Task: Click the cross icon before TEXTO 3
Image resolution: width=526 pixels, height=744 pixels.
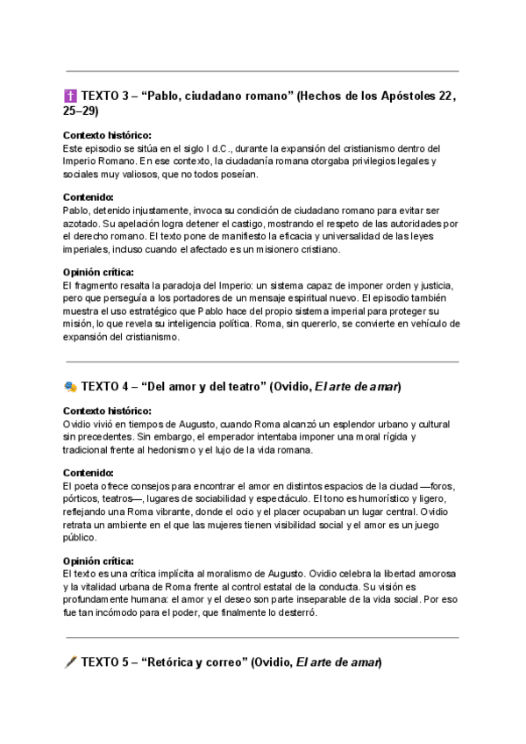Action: [71, 96]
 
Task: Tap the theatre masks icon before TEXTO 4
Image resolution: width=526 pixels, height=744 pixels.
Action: [71, 387]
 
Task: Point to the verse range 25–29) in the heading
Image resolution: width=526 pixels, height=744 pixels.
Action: [82, 111]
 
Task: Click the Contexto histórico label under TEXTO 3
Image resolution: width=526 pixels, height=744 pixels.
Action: [107, 135]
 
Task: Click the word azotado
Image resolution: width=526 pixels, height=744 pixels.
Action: [82, 224]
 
